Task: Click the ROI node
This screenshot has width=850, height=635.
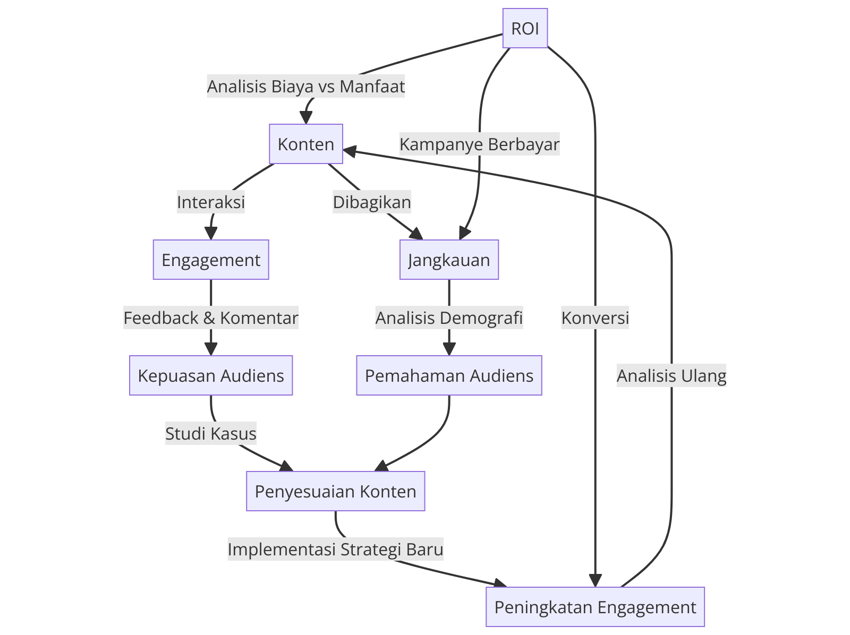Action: [x=525, y=28]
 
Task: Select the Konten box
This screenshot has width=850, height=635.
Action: [x=306, y=144]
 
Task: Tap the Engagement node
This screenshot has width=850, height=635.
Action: [x=211, y=260]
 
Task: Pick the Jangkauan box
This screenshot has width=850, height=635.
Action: [x=449, y=260]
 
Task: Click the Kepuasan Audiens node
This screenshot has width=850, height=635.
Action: [x=211, y=375]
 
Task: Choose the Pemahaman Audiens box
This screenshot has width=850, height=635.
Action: [x=449, y=375]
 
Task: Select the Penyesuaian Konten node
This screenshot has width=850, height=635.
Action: [x=335, y=491]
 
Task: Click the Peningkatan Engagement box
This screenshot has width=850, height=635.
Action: [x=595, y=607]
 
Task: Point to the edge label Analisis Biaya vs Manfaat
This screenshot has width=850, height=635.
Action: [x=306, y=86]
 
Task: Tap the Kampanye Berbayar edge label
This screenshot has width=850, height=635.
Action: [x=479, y=144]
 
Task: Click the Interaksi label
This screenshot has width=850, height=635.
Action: [x=211, y=202]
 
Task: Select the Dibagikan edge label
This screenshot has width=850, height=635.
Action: [x=372, y=202]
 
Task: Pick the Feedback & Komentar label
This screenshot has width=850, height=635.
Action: [x=211, y=317]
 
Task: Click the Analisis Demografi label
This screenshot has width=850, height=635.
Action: [x=449, y=317]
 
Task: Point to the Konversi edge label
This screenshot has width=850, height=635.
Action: [x=595, y=317]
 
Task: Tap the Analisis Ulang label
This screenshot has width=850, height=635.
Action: [x=671, y=375]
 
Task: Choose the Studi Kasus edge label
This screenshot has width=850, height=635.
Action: [x=211, y=433]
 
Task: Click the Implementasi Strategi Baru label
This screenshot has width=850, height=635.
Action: [x=335, y=548]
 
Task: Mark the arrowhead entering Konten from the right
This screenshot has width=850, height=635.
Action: [x=349, y=151]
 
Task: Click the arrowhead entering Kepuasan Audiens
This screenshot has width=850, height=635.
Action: [x=211, y=349]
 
